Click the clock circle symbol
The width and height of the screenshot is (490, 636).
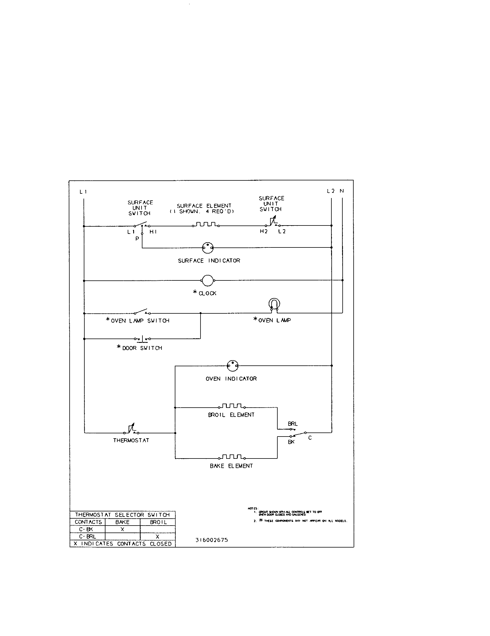coord(207,280)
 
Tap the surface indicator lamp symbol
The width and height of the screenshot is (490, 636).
coord(208,248)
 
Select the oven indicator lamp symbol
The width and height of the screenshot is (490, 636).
coord(233,366)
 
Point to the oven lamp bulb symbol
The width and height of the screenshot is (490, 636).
coord(274,304)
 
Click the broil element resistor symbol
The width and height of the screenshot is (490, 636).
coord(231,406)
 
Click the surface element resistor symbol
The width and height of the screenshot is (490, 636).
coord(206,225)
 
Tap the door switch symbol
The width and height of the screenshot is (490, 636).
coord(142,339)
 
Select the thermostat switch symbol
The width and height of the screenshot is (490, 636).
coord(132,430)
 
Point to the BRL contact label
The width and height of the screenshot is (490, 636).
coord(293,424)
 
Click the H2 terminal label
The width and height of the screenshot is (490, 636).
coord(263,232)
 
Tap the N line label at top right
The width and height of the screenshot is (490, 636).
coord(341,191)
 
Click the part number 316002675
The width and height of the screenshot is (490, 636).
coord(211,540)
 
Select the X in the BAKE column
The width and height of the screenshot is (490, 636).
coord(122,529)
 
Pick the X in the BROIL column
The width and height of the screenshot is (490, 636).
coord(157,536)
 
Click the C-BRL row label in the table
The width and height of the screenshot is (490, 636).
coord(87,536)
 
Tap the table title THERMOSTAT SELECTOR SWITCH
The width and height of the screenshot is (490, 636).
coord(122,515)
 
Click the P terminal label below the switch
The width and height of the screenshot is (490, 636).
coord(137,238)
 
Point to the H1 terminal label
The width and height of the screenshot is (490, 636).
coord(153,232)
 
